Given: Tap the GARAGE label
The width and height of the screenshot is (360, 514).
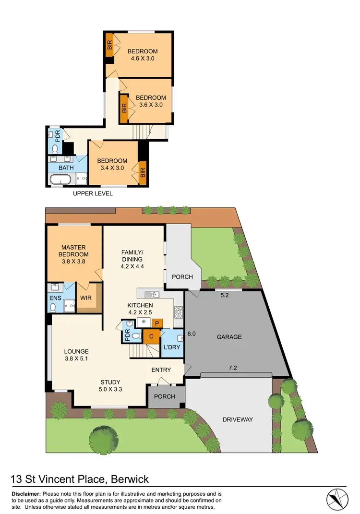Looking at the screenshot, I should pyautogui.click(x=229, y=337).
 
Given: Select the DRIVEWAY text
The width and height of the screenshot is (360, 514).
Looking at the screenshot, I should pyautogui.click(x=237, y=419).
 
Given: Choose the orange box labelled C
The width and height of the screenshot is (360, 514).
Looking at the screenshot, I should pyautogui.click(x=151, y=336).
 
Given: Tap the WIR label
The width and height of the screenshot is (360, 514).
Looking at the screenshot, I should pyautogui.click(x=86, y=298).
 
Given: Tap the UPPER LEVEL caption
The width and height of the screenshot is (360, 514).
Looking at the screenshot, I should pyautogui.click(x=93, y=193).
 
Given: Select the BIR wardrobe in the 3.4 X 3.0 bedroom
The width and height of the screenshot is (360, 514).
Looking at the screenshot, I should pyautogui.click(x=143, y=172).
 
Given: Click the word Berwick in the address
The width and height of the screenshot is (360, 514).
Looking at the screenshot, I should pyautogui.click(x=130, y=479).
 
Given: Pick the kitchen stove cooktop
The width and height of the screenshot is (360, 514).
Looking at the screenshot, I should pyautogui.click(x=179, y=313).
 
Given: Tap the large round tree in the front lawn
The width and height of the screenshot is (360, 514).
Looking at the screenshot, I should pyautogui.click(x=104, y=437).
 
